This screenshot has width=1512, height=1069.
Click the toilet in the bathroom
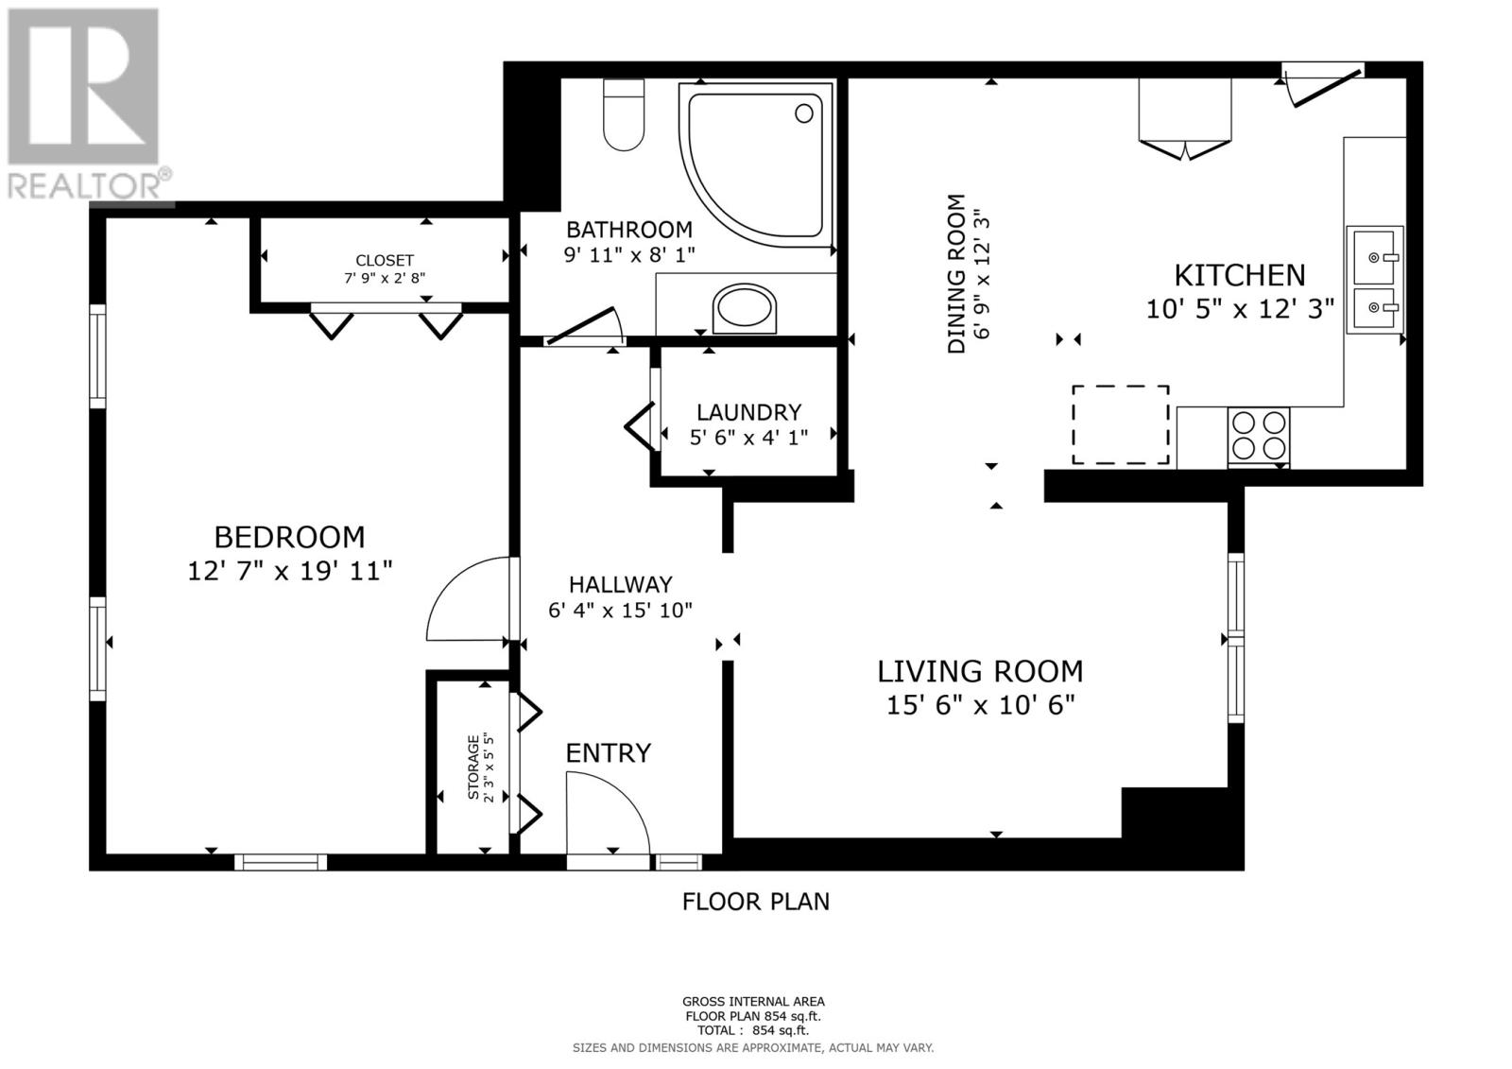coord(624,114)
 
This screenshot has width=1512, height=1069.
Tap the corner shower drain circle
coord(804,113)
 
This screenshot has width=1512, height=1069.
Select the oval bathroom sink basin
coord(745,309)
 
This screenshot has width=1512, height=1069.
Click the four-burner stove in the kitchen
coord(1259,437)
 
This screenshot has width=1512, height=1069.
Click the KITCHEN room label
coord(1240,276)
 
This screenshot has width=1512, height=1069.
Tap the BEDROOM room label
coord(289,538)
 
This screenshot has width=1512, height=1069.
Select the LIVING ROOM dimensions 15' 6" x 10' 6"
coord(980,706)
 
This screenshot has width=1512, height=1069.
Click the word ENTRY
coord(609,753)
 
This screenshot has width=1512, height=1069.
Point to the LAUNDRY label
coord(748,412)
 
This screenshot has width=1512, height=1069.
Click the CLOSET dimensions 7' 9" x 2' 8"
coord(385,278)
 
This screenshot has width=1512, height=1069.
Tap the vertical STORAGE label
coord(473,767)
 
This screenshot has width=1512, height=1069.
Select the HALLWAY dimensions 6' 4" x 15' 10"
coord(620,611)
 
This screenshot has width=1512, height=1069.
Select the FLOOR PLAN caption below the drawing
coord(756,902)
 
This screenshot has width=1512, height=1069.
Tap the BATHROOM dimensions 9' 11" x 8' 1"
coord(629,255)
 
